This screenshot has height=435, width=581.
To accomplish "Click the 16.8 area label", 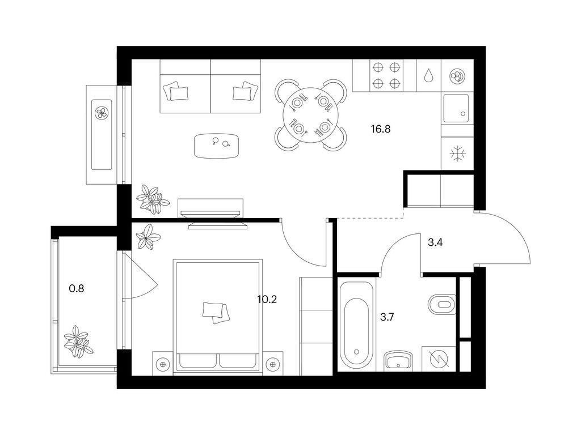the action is pos(381,129).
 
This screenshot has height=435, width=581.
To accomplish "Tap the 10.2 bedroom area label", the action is pos(267,299).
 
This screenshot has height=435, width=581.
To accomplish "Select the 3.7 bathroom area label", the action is pos(387,317).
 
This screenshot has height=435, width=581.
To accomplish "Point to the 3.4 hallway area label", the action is pos(435,242).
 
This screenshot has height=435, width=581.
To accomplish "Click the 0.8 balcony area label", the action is pos(77,288).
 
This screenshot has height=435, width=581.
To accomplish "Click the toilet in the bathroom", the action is pos(441,304).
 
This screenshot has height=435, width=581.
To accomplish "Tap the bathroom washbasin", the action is pos(399,360).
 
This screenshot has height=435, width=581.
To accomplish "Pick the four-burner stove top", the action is pos(386,75).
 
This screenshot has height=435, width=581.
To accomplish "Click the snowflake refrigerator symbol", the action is pos(457,154).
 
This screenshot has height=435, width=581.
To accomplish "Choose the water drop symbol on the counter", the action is pos(429,75).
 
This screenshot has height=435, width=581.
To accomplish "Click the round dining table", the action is pos(311,115).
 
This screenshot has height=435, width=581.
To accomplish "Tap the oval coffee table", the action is pos(216,146).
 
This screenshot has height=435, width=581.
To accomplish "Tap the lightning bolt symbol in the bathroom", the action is pos(439,359).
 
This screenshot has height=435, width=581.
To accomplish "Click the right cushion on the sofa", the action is pos(245,91).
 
